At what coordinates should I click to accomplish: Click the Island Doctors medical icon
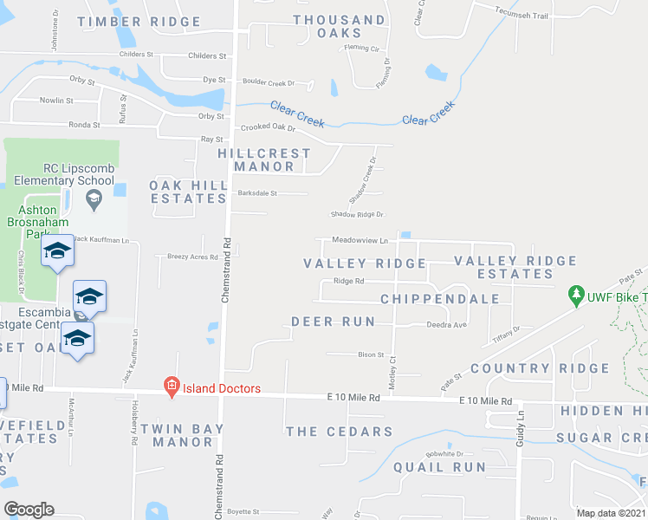[x=172, y=387]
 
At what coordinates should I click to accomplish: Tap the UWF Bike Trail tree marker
[x=575, y=296]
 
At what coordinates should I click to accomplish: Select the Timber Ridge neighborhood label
[x=134, y=21]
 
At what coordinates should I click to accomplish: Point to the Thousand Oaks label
[x=340, y=27]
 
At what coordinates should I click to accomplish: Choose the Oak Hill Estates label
[x=188, y=192]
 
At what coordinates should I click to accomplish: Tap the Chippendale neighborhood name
[x=440, y=299]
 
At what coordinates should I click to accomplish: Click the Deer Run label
[x=334, y=322]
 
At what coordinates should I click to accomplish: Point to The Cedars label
[x=339, y=432]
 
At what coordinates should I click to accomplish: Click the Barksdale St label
[x=256, y=194]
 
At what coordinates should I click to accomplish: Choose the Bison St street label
[x=371, y=354]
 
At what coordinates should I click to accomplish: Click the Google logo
[x=29, y=510]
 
